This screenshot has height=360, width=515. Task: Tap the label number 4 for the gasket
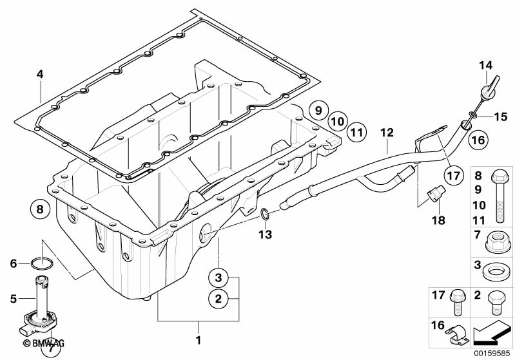pyautogui.click(x=40, y=75)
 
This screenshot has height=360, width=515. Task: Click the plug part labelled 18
pyautogui.click(x=435, y=193)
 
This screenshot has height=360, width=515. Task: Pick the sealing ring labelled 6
pyautogui.click(x=41, y=262)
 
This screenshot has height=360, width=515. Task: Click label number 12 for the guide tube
pyautogui.click(x=386, y=133)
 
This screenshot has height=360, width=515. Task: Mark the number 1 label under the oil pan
pyautogui.click(x=199, y=339)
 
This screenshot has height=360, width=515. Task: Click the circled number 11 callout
pyautogui.click(x=355, y=132)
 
